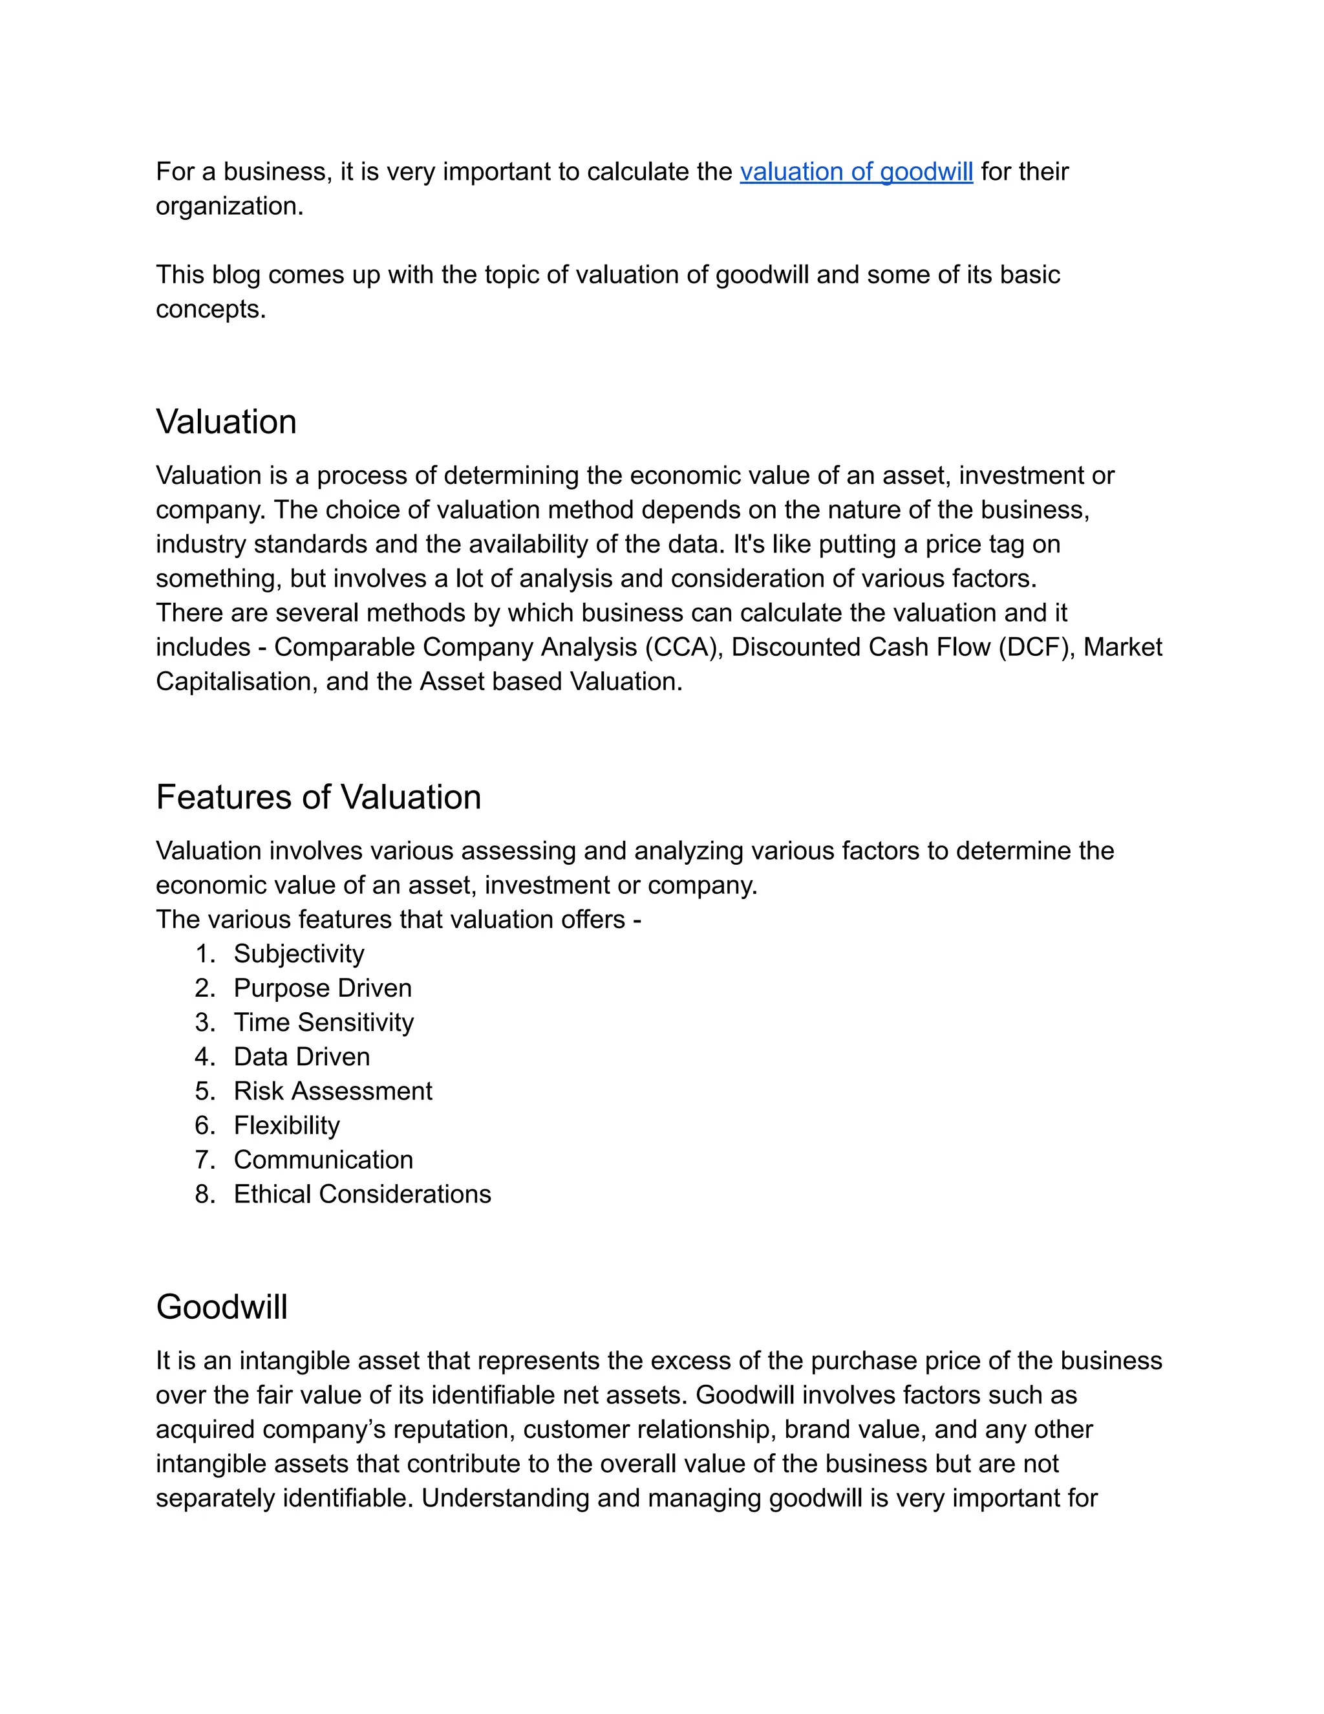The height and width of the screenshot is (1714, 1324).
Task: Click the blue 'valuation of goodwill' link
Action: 856,172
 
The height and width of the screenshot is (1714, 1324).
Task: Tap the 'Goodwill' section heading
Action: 221,1307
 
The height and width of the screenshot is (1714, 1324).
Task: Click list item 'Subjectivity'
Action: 299,953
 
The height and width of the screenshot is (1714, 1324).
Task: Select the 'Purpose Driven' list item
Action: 323,988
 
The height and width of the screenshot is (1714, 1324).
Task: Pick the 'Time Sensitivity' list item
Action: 323,1023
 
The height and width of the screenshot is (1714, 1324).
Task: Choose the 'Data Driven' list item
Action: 301,1057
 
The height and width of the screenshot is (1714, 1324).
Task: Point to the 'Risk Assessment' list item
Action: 332,1091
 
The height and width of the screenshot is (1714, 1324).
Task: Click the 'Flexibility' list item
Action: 286,1125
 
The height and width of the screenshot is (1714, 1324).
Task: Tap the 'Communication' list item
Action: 323,1160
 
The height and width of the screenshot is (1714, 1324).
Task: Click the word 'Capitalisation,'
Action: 237,682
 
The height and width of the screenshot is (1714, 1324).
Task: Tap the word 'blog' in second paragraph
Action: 236,275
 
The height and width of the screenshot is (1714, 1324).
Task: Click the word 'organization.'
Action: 229,206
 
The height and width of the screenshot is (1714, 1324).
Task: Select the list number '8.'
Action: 204,1195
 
